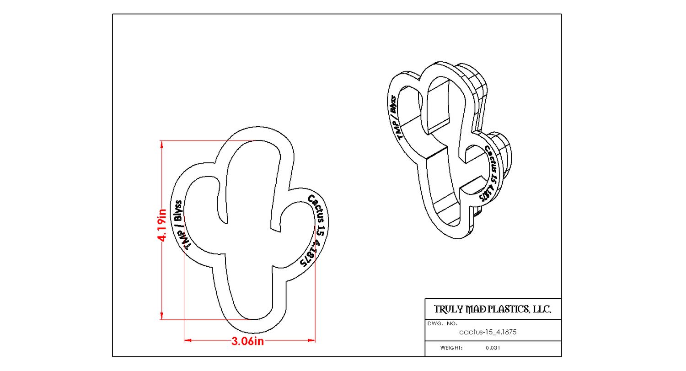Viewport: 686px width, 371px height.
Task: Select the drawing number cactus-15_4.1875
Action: [x=488, y=333]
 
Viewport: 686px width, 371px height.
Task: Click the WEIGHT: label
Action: [x=451, y=348]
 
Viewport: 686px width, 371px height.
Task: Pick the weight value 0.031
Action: [x=493, y=348]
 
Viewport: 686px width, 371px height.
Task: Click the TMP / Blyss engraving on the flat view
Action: [x=180, y=224]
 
